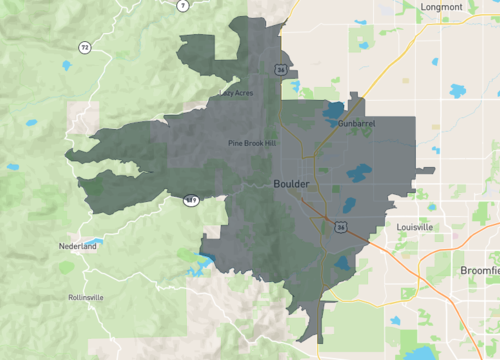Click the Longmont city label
[442, 7]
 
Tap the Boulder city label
[291, 184]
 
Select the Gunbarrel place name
[356, 123]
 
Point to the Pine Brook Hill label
[251, 144]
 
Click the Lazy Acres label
[236, 93]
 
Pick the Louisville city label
[415, 228]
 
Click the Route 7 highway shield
[183, 5]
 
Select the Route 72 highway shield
[84, 47]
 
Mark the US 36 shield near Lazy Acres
[282, 69]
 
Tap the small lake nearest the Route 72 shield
[65, 66]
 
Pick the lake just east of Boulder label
[356, 174]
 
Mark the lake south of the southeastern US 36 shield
[343, 264]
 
